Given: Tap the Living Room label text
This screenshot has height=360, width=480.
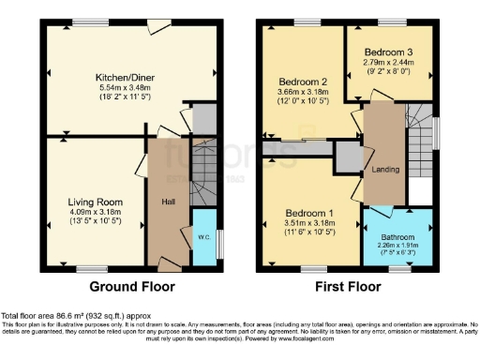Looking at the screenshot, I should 96,201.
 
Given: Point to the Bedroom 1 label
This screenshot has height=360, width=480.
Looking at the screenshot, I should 309,212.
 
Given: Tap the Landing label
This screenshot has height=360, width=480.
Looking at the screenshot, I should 381,170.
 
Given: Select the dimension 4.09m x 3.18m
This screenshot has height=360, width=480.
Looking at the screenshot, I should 96,212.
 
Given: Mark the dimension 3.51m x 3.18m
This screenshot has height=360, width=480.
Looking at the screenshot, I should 309,223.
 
